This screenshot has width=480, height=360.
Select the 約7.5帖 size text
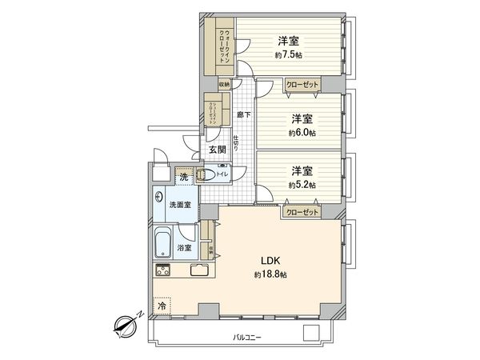[287, 55]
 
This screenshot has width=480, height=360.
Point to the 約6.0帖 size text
[300, 133]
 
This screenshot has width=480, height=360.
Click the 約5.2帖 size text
[301, 185]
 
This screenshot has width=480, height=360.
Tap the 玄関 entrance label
[218, 150]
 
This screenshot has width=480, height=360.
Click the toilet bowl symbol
[203, 175]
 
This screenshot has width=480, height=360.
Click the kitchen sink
[198, 270]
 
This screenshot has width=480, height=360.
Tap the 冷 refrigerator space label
[162, 306]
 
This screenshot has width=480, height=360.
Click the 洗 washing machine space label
[183, 176]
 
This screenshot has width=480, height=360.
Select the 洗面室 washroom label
[179, 205]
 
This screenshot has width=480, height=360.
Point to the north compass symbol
[126, 325]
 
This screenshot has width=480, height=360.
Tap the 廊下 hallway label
[245, 115]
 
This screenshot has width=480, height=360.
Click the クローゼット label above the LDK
[301, 212]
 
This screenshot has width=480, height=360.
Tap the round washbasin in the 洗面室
[161, 197]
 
